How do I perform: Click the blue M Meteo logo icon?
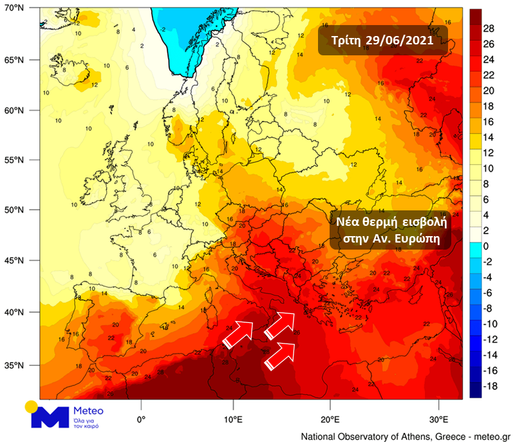(50, 416)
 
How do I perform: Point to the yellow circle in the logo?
(31, 406)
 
